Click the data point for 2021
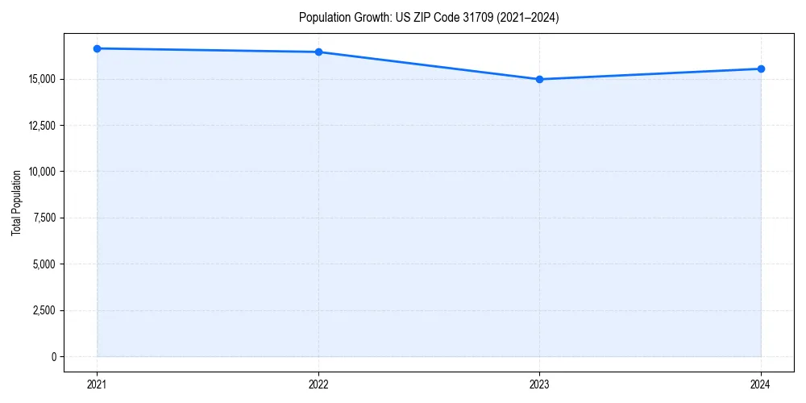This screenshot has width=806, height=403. coord(97,48)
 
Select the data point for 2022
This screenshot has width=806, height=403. coord(318,52)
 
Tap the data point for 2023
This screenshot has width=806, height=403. coord(539,79)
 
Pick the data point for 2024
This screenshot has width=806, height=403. coord(761,69)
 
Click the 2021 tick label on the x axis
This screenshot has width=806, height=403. coord(97,384)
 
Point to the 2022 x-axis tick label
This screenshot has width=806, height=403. coord(318,384)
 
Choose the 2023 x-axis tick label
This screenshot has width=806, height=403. coord(539,384)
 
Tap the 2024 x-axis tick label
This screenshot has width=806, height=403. coord(761,384)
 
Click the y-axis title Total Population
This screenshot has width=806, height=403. coord(16,202)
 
